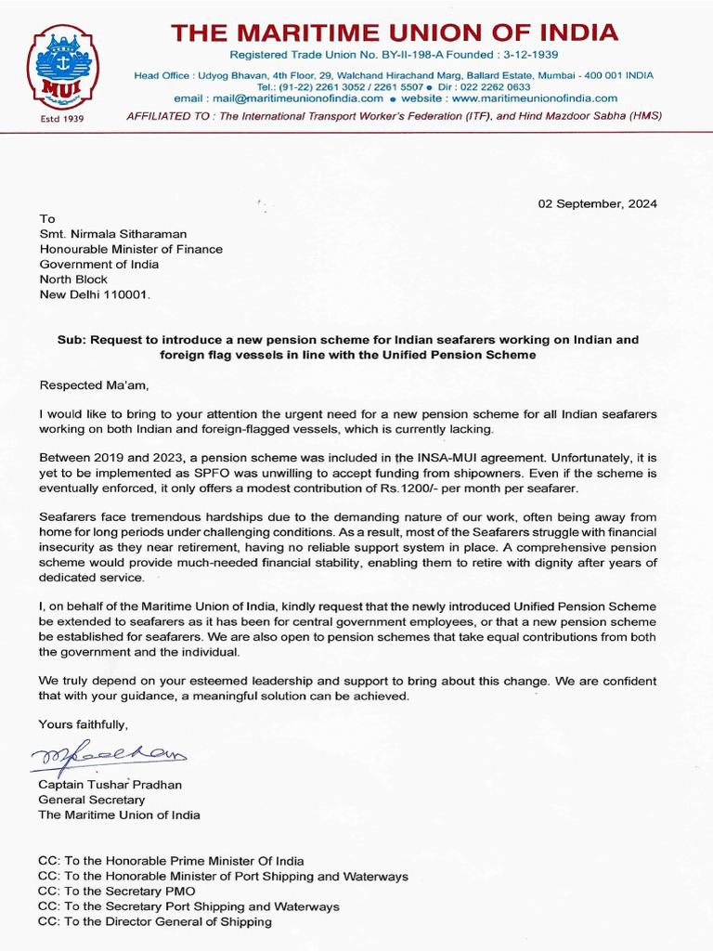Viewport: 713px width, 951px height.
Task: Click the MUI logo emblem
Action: point(62,69)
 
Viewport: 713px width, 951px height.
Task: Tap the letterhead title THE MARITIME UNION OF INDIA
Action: point(394,33)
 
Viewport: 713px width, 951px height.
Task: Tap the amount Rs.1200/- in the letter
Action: point(415,488)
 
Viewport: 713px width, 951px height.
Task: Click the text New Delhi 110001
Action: point(94,293)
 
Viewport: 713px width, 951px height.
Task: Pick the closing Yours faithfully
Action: point(84,723)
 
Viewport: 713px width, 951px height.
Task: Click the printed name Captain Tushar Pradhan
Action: point(110,785)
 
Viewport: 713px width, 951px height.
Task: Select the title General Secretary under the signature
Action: point(92,800)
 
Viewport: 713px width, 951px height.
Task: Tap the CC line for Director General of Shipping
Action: point(155,921)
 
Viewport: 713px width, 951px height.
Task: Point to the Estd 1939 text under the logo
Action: point(61,119)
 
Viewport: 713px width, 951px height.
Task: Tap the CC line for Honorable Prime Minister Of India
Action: point(171,861)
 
